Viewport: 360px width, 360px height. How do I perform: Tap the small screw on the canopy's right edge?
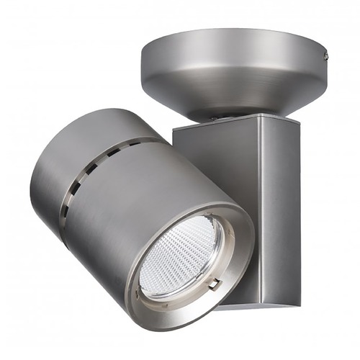point(325,55)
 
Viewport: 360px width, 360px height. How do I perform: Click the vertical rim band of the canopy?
point(230,45)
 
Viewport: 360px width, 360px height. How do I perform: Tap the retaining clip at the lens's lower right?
point(215,284)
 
